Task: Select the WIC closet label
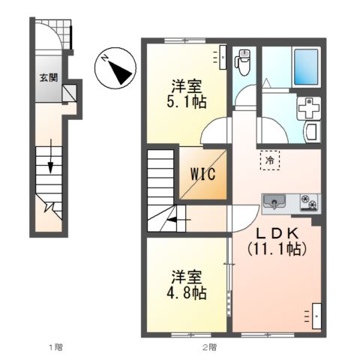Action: click(202, 175)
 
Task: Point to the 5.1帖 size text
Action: click(187, 100)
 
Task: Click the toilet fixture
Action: click(244, 62)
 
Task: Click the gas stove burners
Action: click(309, 200)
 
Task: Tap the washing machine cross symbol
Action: click(308, 109)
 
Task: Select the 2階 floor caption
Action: click(209, 346)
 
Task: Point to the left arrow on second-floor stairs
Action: click(174, 220)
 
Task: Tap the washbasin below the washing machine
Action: click(311, 133)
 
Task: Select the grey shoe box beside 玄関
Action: click(70, 94)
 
